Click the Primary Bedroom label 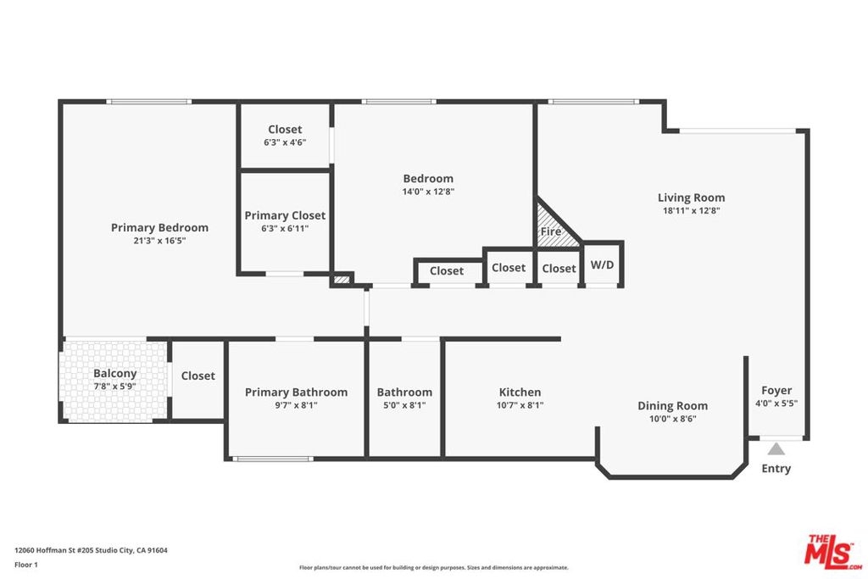pyautogui.click(x=159, y=227)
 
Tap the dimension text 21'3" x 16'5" pyautogui.click(x=159, y=241)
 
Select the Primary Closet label pyautogui.click(x=285, y=215)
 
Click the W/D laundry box pyautogui.click(x=603, y=264)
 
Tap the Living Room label pyautogui.click(x=692, y=198)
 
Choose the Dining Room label pyautogui.click(x=672, y=406)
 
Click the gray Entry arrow pyautogui.click(x=776, y=449)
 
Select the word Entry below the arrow pyautogui.click(x=776, y=468)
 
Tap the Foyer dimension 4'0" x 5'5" pyautogui.click(x=776, y=404)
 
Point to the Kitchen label pyautogui.click(x=520, y=392)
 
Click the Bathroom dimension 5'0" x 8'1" pyautogui.click(x=404, y=405)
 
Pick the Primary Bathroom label pyautogui.click(x=296, y=392)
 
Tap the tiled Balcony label pyautogui.click(x=114, y=374)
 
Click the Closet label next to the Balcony pyautogui.click(x=198, y=376)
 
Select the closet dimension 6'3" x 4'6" pyautogui.click(x=285, y=142)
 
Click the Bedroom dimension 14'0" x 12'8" pyautogui.click(x=428, y=192)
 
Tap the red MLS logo pyautogui.click(x=832, y=552)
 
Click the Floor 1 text pyautogui.click(x=26, y=565)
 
